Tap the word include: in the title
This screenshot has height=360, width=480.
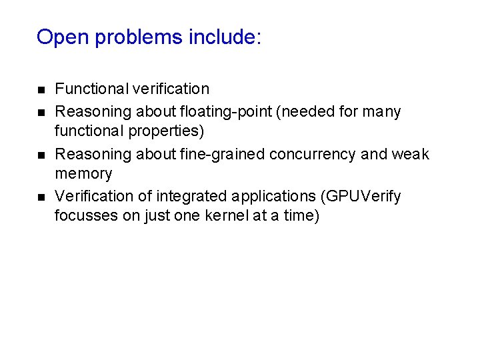(x=225, y=37)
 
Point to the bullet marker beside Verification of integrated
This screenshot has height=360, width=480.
(x=40, y=197)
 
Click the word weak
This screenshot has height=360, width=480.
(x=411, y=154)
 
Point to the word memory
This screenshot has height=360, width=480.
(x=83, y=174)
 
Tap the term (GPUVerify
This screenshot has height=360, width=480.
(x=361, y=197)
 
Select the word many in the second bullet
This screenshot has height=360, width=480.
(x=382, y=111)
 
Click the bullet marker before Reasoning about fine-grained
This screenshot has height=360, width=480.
(x=40, y=155)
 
